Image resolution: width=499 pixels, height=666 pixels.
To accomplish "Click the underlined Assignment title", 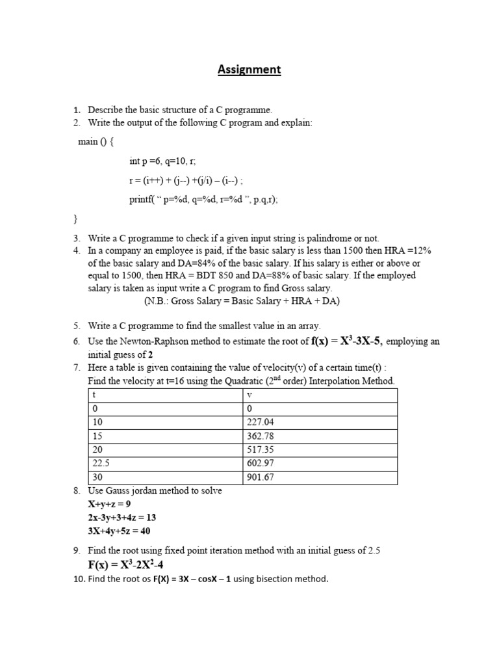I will (x=249, y=70).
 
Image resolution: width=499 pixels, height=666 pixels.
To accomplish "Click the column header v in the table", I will (x=250, y=394).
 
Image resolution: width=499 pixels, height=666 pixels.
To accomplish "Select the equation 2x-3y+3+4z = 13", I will (x=122, y=518).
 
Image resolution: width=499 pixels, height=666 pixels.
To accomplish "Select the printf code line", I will (x=203, y=200).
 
